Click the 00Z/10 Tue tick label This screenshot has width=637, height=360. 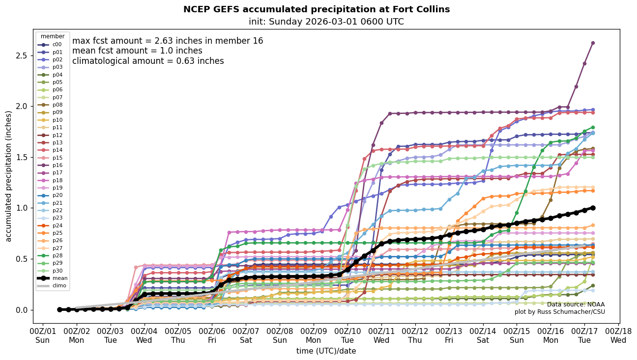pos(347,335)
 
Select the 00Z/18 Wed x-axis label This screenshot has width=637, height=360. pos(618,335)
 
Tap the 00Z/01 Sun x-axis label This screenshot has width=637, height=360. pos(43,335)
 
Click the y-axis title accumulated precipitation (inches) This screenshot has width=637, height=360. pos(8,176)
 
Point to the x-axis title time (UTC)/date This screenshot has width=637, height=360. pos(326,351)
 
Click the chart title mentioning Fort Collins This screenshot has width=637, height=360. pos(317,9)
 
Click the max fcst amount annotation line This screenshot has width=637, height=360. pos(168,41)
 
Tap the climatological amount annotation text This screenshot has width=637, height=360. pos(148,61)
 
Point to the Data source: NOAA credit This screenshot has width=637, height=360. pos(576,305)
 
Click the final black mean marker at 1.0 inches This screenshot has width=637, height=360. pos(593,208)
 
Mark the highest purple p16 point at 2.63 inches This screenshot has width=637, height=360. pos(593,43)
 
